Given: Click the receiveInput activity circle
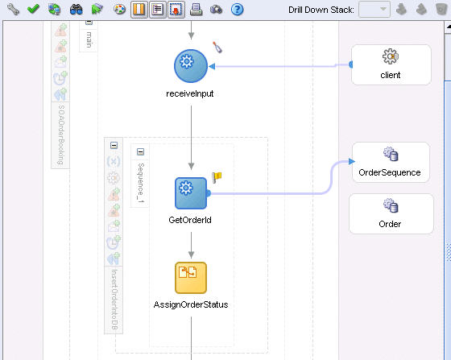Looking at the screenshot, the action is [x=190, y=66].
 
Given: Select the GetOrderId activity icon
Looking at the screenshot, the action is [x=191, y=193].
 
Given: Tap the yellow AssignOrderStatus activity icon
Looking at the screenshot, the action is [x=191, y=278].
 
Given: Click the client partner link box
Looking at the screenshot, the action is [x=391, y=64].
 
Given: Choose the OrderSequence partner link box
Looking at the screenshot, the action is [x=391, y=162].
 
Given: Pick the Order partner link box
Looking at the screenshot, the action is [x=391, y=213].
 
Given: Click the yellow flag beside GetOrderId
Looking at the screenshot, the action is [x=217, y=177].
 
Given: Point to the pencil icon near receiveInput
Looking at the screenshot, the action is [x=217, y=48].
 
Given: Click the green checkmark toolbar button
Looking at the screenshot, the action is [x=33, y=9].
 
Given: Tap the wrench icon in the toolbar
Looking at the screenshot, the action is [x=13, y=9].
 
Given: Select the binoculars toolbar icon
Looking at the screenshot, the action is [x=77, y=10].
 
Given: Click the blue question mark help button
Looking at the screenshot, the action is [x=238, y=10].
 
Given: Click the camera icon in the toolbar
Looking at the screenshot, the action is [x=216, y=10].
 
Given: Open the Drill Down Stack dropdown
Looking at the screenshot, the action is [x=374, y=10].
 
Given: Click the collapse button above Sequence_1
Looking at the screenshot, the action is [x=140, y=152].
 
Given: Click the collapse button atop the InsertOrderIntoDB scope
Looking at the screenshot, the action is [x=114, y=145].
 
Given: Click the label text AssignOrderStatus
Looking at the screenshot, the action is [x=191, y=304].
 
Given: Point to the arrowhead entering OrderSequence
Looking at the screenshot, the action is [x=352, y=162].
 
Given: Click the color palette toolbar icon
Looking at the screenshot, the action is [x=119, y=10].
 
